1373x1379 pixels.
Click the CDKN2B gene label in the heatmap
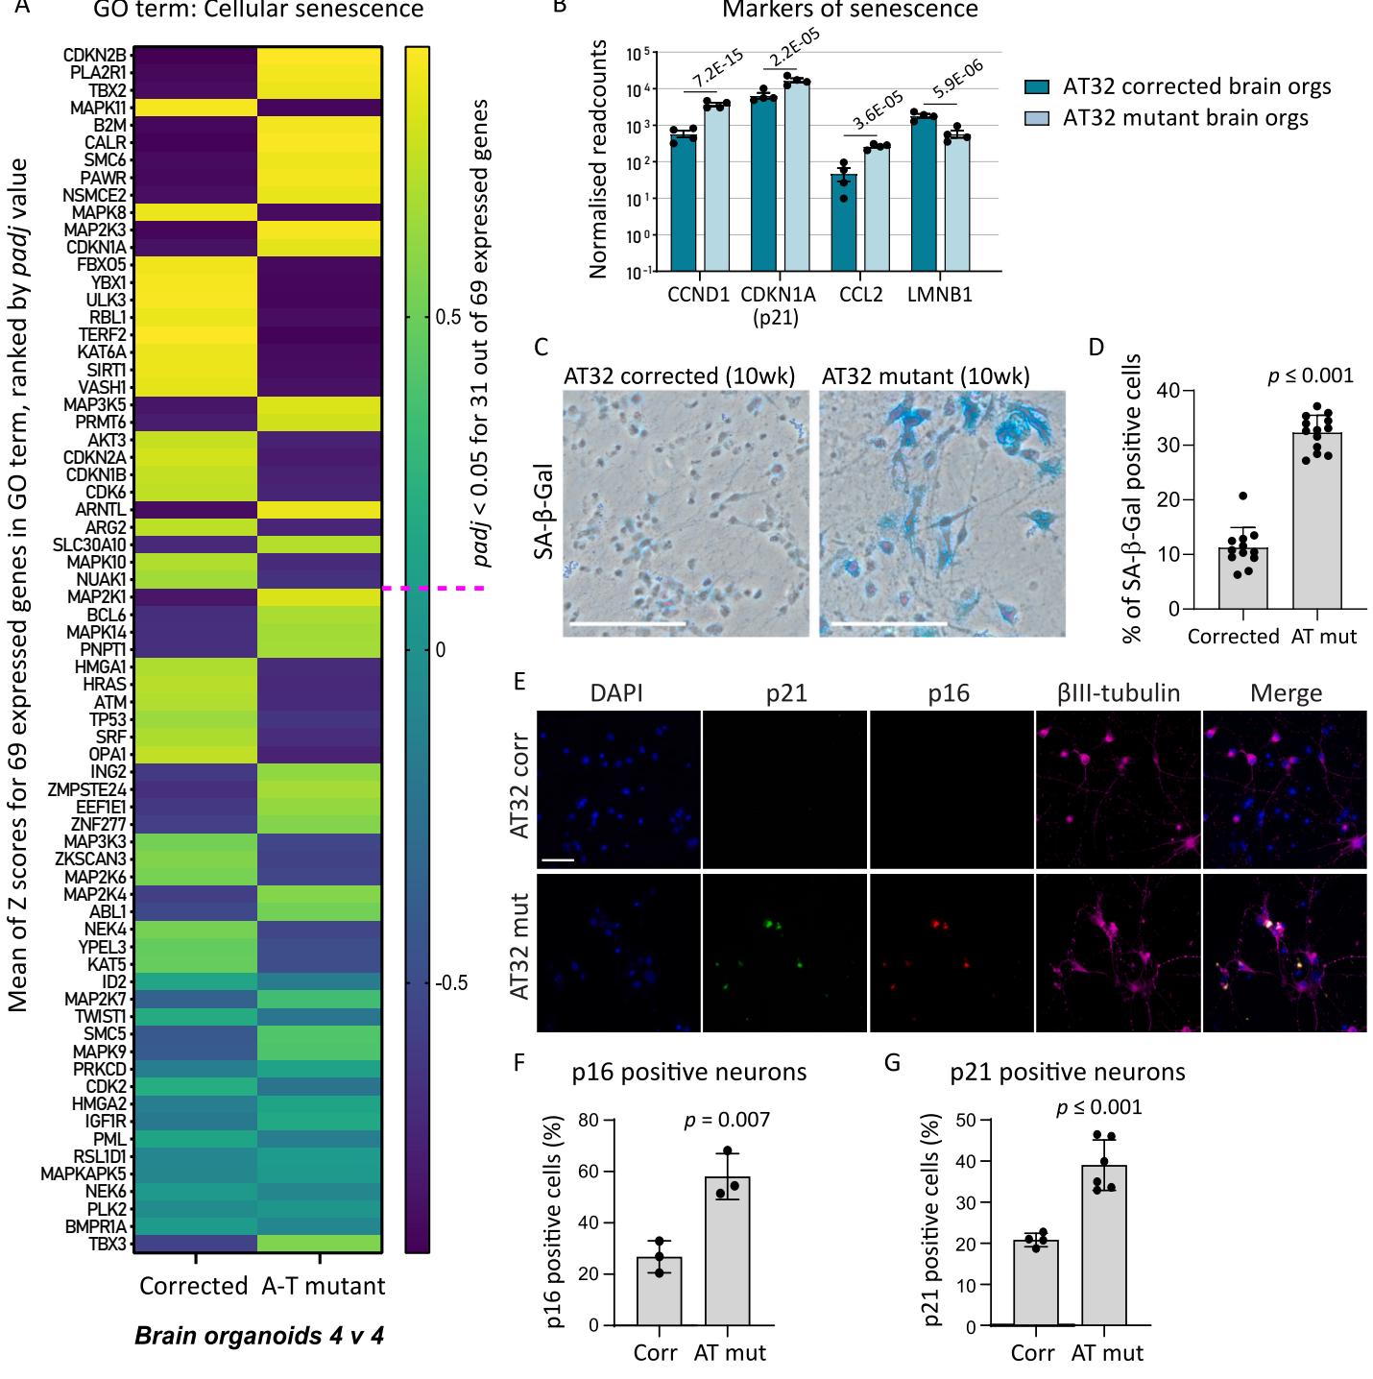coord(94,55)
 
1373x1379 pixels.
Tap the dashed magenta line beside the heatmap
coord(432,588)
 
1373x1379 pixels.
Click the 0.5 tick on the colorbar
coord(447,317)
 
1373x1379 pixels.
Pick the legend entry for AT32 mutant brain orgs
coord(1185,118)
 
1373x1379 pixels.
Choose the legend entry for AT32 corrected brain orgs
coord(1196,86)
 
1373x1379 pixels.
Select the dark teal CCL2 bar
coord(844,223)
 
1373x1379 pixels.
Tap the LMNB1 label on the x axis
coord(940,295)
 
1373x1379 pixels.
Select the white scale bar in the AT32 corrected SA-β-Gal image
coord(627,623)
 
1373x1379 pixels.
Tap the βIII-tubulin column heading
coord(1119,693)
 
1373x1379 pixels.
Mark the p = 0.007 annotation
coord(726,1119)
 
